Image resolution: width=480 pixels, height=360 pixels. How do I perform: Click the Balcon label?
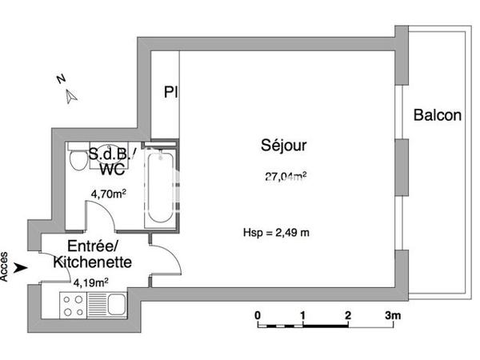(437, 115)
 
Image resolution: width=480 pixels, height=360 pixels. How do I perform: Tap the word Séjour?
(283, 146)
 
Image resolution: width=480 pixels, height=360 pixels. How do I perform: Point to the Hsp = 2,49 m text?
(276, 233)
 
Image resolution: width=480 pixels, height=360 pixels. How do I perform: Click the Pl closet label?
(170, 92)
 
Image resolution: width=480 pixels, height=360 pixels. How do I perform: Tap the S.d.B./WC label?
(112, 161)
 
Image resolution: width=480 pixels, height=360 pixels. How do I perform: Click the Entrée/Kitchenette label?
(88, 254)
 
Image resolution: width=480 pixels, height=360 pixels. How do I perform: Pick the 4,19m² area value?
(90, 282)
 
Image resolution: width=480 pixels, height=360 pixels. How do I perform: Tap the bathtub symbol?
(158, 188)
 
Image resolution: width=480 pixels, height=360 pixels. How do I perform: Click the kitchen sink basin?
(115, 305)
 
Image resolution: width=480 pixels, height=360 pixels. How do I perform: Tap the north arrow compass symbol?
(71, 96)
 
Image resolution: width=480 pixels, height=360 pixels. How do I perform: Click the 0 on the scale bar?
(258, 315)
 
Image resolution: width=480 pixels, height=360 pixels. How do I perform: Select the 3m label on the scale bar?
(391, 315)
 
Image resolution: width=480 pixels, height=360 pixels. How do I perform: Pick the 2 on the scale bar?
(347, 315)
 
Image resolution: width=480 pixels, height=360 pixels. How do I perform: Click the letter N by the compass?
(60, 79)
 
